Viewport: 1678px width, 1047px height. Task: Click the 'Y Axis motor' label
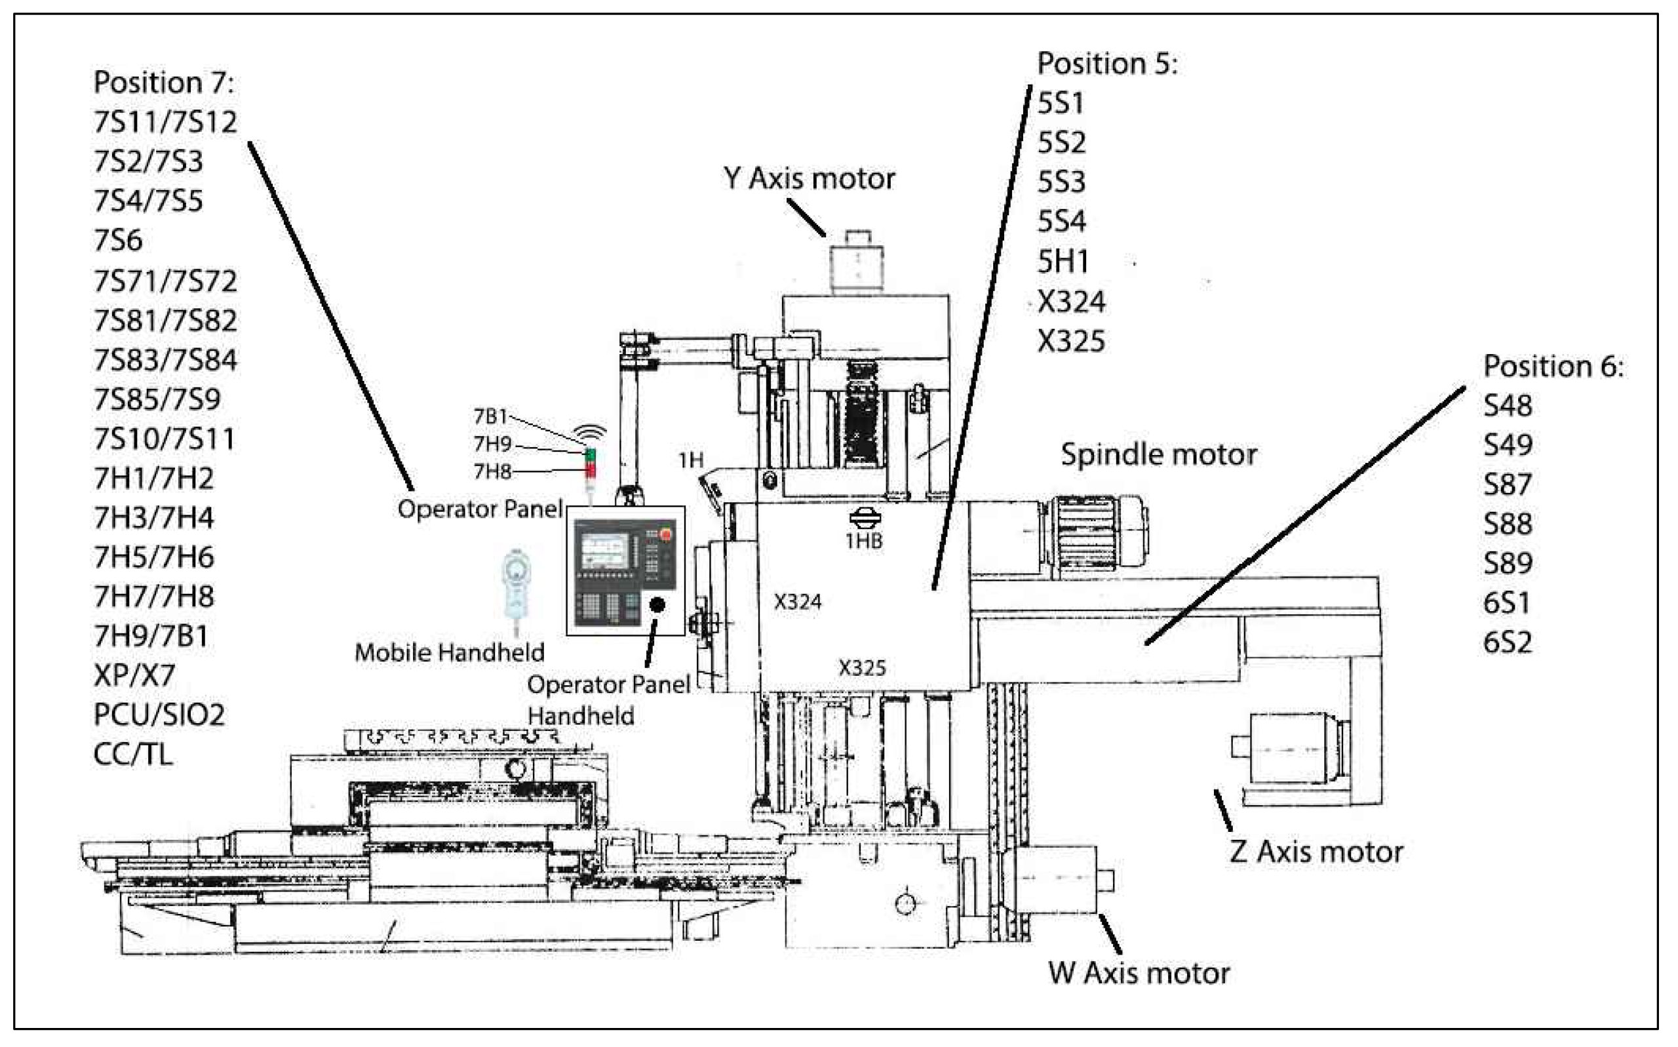809,179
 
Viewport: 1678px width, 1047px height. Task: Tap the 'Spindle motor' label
1159,455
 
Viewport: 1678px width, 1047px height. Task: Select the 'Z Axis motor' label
1317,852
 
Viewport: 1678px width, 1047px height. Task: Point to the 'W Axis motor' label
1139,973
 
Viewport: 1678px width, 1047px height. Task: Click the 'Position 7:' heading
164,83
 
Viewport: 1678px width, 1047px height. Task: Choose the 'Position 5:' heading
1108,64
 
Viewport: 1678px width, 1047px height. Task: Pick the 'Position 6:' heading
1553,366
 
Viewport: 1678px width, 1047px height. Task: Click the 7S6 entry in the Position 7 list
119,241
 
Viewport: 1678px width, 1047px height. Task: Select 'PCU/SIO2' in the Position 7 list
159,715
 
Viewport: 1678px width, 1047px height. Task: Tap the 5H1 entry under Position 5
1063,262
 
